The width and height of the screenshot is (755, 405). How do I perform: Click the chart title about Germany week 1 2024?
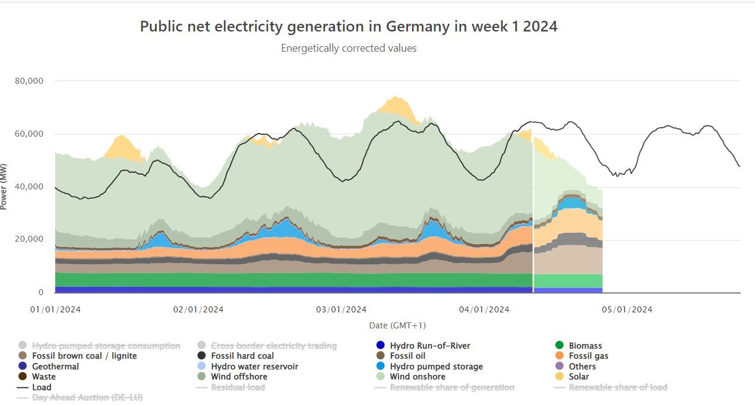point(349,27)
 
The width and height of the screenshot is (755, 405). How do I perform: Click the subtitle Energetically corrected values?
point(349,48)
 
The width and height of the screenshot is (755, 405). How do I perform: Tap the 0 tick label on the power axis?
point(41,292)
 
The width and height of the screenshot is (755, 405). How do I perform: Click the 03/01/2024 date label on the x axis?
point(341,309)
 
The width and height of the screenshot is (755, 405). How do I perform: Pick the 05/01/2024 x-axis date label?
point(627,309)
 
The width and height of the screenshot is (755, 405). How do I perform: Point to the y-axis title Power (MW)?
point(4,186)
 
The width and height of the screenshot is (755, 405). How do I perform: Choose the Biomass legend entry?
point(585,346)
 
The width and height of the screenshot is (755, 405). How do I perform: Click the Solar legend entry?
point(579,376)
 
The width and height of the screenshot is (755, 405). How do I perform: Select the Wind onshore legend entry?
point(417,376)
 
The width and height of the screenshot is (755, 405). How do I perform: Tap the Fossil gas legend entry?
point(588,356)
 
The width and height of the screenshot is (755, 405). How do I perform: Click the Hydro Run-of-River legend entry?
point(429,346)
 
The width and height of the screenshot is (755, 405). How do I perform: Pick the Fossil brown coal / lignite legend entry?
point(84,356)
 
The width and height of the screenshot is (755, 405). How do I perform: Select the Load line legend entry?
point(42,387)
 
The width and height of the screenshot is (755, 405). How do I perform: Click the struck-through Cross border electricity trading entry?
point(273,346)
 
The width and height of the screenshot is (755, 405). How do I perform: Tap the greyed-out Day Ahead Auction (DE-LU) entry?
point(87,397)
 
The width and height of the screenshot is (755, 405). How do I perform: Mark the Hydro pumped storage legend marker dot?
point(380,366)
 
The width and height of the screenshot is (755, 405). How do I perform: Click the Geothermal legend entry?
point(55,366)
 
